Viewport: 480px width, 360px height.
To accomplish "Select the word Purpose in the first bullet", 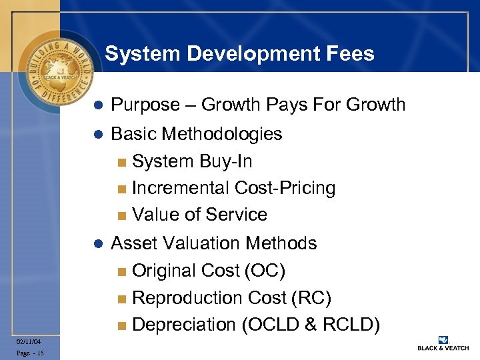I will [x=145, y=105].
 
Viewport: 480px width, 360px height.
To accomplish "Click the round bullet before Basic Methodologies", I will [x=97, y=135].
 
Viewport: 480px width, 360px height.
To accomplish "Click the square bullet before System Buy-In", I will [x=121, y=162].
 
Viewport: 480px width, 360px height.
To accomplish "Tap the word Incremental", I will [x=181, y=188].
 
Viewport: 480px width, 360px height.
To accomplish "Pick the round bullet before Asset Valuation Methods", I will [x=97, y=244].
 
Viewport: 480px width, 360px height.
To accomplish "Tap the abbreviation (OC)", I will [x=263, y=271].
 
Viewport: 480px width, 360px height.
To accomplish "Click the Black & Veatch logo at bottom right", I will [x=443, y=343].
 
